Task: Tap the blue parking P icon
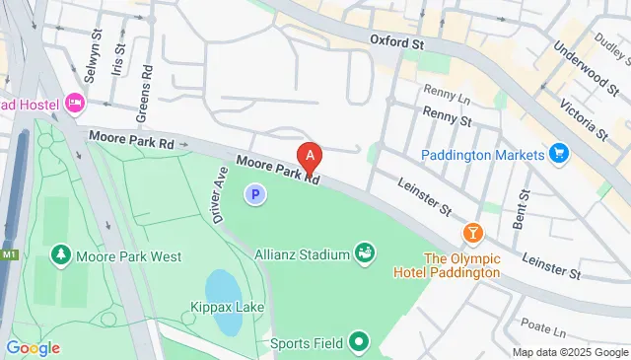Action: (x=255, y=196)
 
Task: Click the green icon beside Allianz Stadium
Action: (x=365, y=253)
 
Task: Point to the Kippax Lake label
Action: (x=228, y=309)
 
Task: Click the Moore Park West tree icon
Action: (x=61, y=255)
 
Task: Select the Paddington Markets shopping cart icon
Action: (x=560, y=155)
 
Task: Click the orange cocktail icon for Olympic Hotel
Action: (x=473, y=233)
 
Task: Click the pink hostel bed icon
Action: (x=76, y=104)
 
